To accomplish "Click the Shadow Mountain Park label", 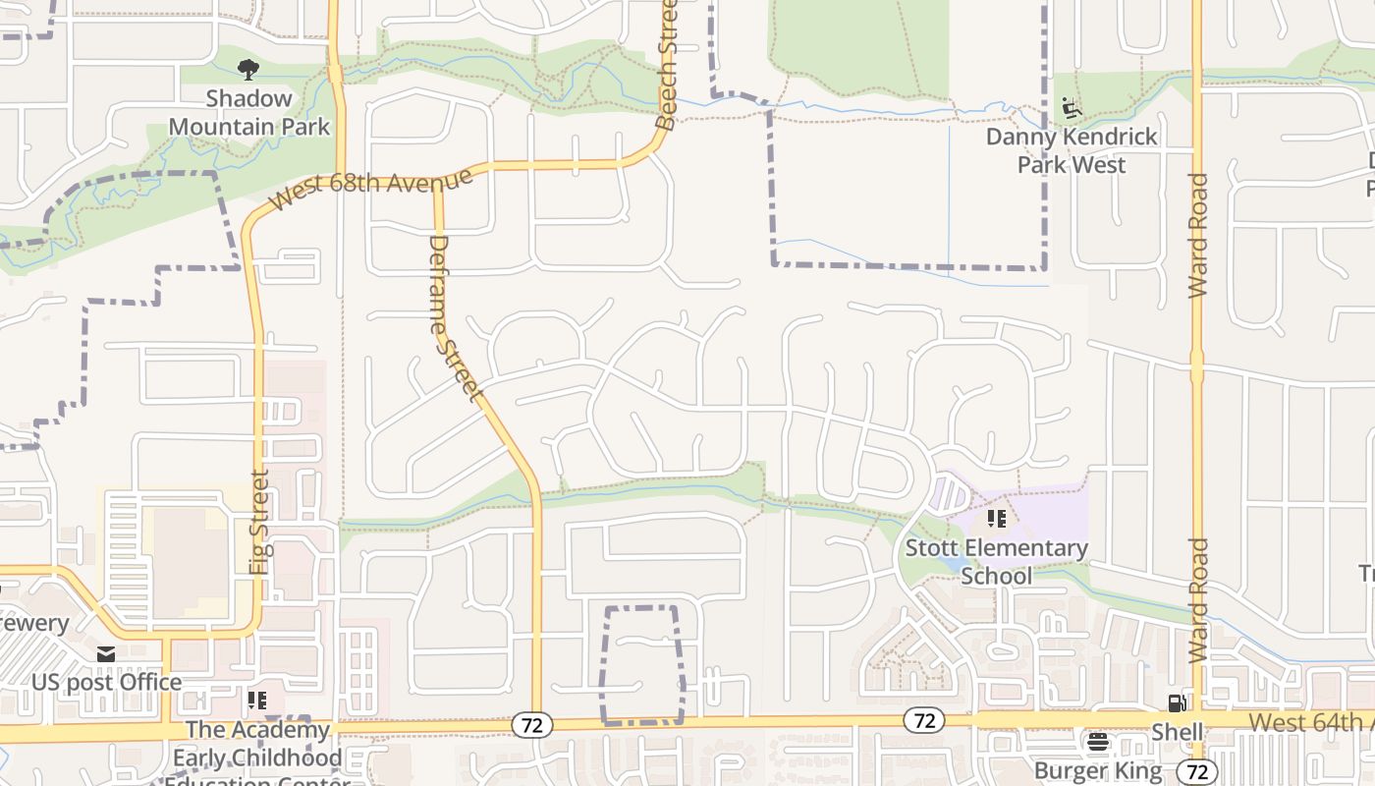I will click(x=249, y=112).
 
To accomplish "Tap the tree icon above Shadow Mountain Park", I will click(x=249, y=69).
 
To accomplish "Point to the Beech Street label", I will click(x=668, y=65).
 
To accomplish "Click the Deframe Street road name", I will click(x=454, y=318).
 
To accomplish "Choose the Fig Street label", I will click(x=259, y=522).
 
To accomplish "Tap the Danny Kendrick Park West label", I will click(x=1072, y=150).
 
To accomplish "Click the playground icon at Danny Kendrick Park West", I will click(x=1072, y=106).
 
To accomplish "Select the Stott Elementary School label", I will click(x=996, y=561).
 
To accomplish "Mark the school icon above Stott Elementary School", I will click(x=997, y=518).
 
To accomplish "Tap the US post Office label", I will click(x=106, y=682).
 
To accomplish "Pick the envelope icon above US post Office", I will click(x=106, y=654).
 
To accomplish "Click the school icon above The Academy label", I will click(x=257, y=701).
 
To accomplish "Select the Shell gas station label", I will click(x=1177, y=732).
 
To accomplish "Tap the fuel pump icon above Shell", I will click(x=1176, y=702).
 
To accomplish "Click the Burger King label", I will click(x=1097, y=770).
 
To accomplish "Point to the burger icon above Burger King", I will click(x=1097, y=742).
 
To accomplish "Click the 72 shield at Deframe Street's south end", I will click(x=531, y=725).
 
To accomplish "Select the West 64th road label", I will click(x=1310, y=722).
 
